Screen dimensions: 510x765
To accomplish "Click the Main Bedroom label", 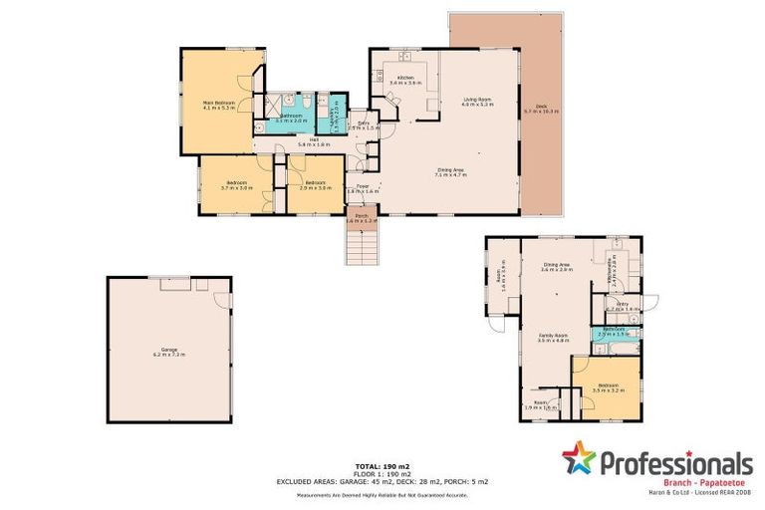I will [219, 105].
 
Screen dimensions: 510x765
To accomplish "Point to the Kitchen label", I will [405, 81].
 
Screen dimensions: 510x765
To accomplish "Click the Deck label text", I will [541, 108].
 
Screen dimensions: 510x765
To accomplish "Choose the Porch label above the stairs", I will [363, 218].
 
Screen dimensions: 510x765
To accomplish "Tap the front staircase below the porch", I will [363, 246].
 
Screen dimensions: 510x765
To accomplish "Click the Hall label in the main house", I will [313, 142].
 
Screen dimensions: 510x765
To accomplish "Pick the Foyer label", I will [363, 188].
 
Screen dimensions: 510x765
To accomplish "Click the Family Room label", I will [553, 338].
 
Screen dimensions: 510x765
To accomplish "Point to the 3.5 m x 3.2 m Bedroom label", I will [608, 388].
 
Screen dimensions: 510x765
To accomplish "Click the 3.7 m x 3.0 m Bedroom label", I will [237, 185].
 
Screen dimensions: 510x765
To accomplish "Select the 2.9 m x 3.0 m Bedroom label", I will [315, 185].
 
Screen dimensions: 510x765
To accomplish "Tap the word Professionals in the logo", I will [674, 462].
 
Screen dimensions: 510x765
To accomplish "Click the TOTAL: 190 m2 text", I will [382, 466].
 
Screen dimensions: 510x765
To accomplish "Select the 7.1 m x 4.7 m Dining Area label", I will [450, 172].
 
